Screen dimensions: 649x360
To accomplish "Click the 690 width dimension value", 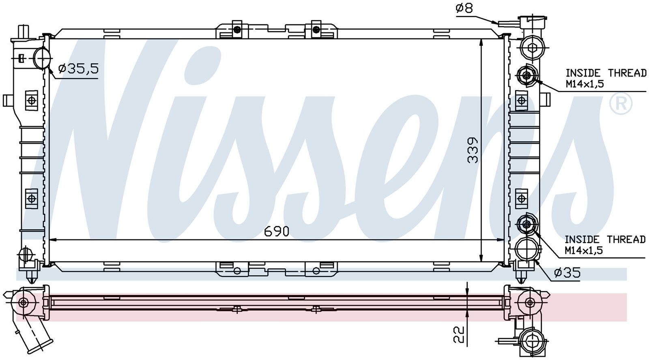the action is [x=277, y=232].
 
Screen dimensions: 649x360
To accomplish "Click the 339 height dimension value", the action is [x=473, y=150].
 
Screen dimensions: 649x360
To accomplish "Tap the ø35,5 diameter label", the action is [x=79, y=69].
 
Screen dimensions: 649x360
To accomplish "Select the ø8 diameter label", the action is [x=464, y=8].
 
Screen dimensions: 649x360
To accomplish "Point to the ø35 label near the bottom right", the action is [x=567, y=273].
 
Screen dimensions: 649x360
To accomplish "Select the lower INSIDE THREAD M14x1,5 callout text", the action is [x=605, y=245].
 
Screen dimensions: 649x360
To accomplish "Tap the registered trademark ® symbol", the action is [x=621, y=104].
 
